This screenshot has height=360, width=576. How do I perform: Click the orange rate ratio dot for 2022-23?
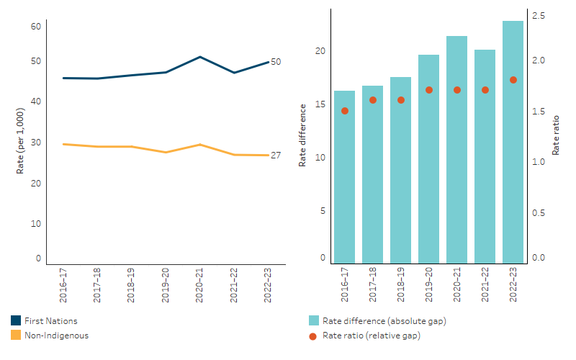513,80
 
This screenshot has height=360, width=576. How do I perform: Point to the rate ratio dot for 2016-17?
344,111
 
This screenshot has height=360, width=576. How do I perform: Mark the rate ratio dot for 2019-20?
428,90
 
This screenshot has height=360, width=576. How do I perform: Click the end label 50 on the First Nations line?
276,62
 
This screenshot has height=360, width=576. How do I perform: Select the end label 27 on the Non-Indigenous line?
276,156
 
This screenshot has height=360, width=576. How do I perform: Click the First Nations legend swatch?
16,321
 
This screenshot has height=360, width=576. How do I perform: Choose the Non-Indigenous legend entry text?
57,335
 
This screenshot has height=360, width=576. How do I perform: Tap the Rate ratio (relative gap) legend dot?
313,335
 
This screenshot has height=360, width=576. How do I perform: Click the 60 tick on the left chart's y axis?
35,27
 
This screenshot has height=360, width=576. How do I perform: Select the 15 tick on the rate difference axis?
321,105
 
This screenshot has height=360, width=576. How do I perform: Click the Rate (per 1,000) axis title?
21,141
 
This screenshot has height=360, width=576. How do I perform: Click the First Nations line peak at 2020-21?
200,57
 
